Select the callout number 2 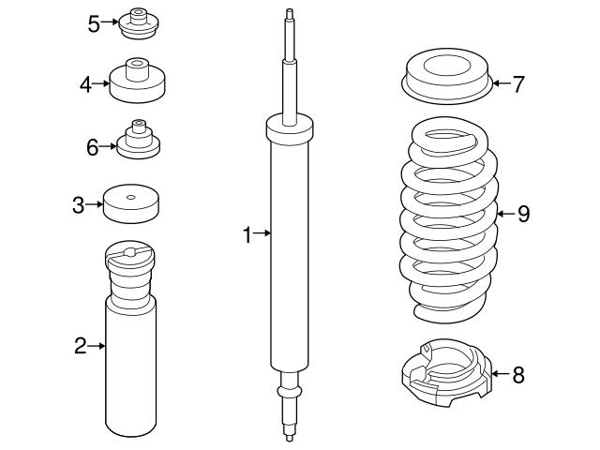point(81,347)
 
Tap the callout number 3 point(79,202)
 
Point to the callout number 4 point(85,84)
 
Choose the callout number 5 point(94,23)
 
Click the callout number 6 point(92,146)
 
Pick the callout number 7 point(517,83)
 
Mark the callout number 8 point(517,375)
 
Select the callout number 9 point(522,214)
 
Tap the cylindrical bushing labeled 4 point(138,82)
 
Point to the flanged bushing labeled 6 point(138,142)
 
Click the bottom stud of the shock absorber point(288,427)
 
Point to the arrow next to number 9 point(502,214)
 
